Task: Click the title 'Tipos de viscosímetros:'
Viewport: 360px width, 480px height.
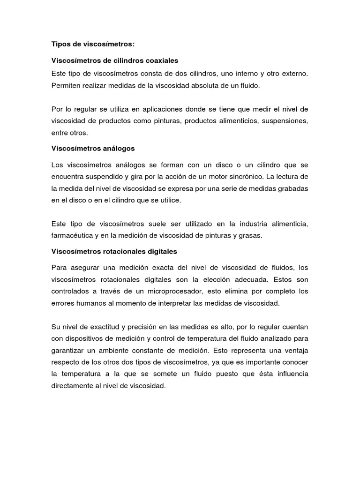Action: pyautogui.click(x=92, y=44)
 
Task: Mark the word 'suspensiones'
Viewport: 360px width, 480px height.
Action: pyautogui.click(x=286, y=121)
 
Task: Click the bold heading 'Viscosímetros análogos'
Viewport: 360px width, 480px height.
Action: pyautogui.click(x=93, y=148)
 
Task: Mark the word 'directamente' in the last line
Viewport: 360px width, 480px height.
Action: pyautogui.click(x=73, y=387)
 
